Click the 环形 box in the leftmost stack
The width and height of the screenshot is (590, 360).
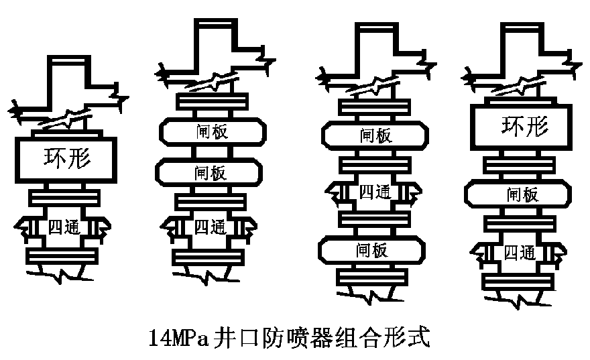pyautogui.click(x=66, y=160)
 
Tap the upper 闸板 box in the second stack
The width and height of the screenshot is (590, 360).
pyautogui.click(x=213, y=132)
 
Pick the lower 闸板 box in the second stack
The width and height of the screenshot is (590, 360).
pyautogui.click(x=209, y=173)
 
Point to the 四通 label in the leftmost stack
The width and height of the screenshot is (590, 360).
pyautogui.click(x=64, y=227)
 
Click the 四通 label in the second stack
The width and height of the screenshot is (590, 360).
pyautogui.click(x=211, y=227)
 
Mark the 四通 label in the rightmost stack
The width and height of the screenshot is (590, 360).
pyautogui.click(x=520, y=253)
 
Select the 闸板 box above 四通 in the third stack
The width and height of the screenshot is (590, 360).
pyautogui.click(x=375, y=136)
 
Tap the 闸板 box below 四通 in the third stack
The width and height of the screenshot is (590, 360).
pyautogui.click(x=371, y=250)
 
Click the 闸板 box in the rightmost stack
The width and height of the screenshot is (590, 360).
pyautogui.click(x=518, y=194)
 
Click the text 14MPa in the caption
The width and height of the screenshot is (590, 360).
pyautogui.click(x=178, y=337)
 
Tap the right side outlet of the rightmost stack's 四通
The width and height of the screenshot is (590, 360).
pyautogui.click(x=554, y=253)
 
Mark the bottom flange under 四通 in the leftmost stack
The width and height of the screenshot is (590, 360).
pyautogui.click(x=62, y=256)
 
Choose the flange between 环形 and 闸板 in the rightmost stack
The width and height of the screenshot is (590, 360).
pyautogui.click(x=519, y=165)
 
